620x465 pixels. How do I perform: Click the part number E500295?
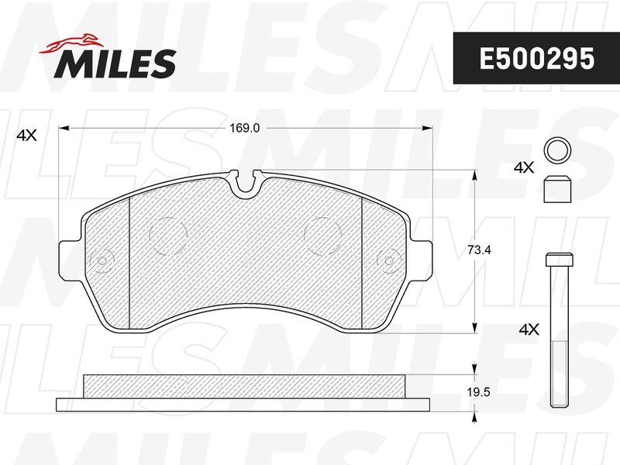[x=536, y=58]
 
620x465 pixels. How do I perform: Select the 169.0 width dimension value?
[x=245, y=128]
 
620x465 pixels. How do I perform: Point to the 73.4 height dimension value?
[x=479, y=250]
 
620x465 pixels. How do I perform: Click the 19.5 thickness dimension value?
[x=478, y=392]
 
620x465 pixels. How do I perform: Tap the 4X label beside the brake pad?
[x=27, y=136]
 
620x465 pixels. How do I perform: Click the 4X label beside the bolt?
[x=529, y=329]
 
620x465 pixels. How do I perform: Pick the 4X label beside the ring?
[x=524, y=167]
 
